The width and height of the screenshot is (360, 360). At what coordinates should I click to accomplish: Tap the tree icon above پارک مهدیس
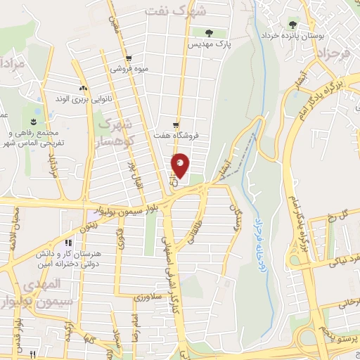pyautogui.click(x=208, y=32)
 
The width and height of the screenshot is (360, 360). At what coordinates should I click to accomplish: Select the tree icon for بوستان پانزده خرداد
pyautogui.click(x=292, y=25)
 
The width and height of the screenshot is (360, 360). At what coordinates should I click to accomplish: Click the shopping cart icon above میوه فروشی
pyautogui.click(x=127, y=59)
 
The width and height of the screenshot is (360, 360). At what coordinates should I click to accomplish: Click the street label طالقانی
pyautogui.click(x=190, y=232)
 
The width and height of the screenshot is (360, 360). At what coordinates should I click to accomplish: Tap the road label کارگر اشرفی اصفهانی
pyautogui.click(x=176, y=281)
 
